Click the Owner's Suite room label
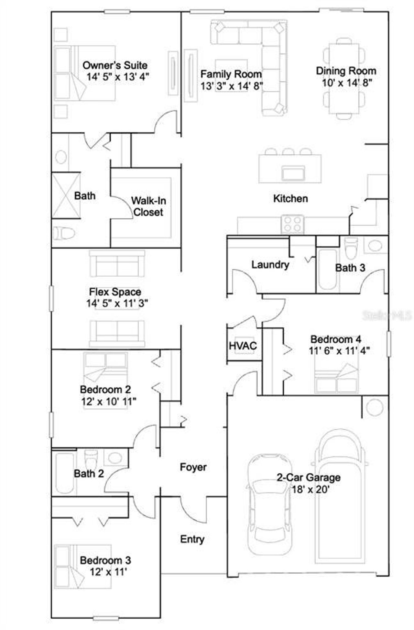pos(115,65)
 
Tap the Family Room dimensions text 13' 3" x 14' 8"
pos(231,86)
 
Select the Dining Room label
pos(346,71)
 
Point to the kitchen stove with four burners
pos(292,224)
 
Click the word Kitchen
pos(290,198)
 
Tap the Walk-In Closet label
pos(148,206)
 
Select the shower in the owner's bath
pos(66,195)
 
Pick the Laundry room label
pos(270,265)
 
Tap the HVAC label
pos(243,346)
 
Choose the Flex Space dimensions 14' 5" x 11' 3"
pos(117,304)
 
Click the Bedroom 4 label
pos(336,339)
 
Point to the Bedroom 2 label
pos(105,389)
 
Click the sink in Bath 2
pos(115,458)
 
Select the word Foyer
pos(193,467)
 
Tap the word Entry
pos(192,539)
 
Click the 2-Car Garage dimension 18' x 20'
pos(310,489)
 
